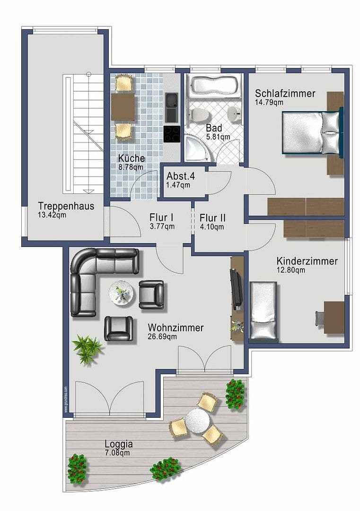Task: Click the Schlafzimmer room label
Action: tap(285, 93)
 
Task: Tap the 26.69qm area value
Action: tap(162, 337)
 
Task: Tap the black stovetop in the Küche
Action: tap(171, 133)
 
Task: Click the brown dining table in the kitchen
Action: tap(123, 107)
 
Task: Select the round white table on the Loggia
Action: tap(197, 419)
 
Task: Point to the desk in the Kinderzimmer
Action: tap(334, 317)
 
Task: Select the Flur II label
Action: tap(212, 218)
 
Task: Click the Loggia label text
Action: tap(118, 444)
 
